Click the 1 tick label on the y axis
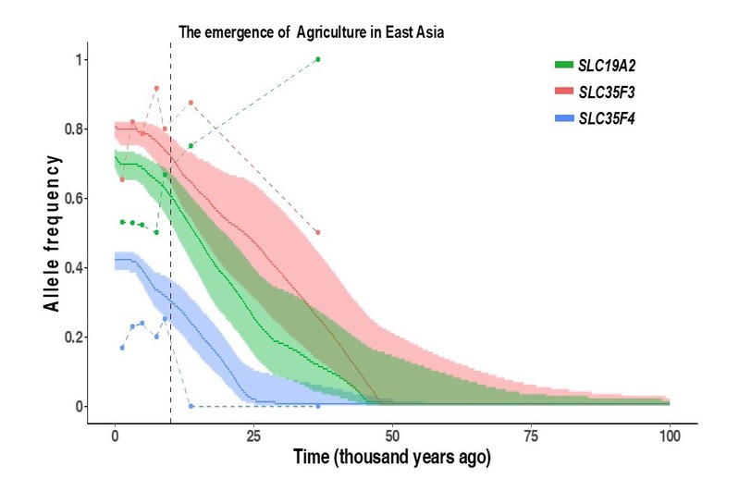click(x=79, y=60)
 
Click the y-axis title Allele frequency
click(x=55, y=233)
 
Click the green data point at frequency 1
click(x=318, y=59)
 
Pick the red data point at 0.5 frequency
click(x=318, y=233)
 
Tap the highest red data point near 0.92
click(x=156, y=88)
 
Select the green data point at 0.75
click(x=191, y=146)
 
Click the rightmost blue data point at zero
click(x=318, y=406)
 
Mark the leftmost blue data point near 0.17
click(x=122, y=348)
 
